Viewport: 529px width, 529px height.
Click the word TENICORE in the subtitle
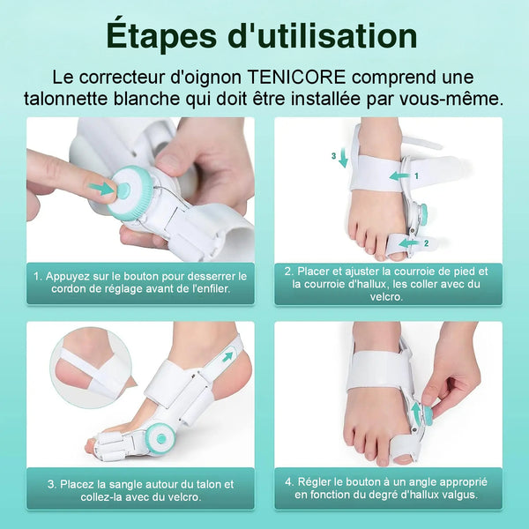297,78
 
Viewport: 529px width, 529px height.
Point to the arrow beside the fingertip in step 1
101,189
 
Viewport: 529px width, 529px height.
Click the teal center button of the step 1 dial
123,190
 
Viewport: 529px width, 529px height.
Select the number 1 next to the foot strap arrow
416,175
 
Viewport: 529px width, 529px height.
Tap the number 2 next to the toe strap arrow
426,243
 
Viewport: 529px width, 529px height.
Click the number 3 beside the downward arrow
333,156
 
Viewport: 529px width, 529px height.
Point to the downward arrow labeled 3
343,158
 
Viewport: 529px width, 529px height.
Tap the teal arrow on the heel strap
228,356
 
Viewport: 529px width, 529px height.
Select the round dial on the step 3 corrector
160,438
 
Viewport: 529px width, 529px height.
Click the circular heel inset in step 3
91,368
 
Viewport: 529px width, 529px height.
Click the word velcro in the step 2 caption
387,297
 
